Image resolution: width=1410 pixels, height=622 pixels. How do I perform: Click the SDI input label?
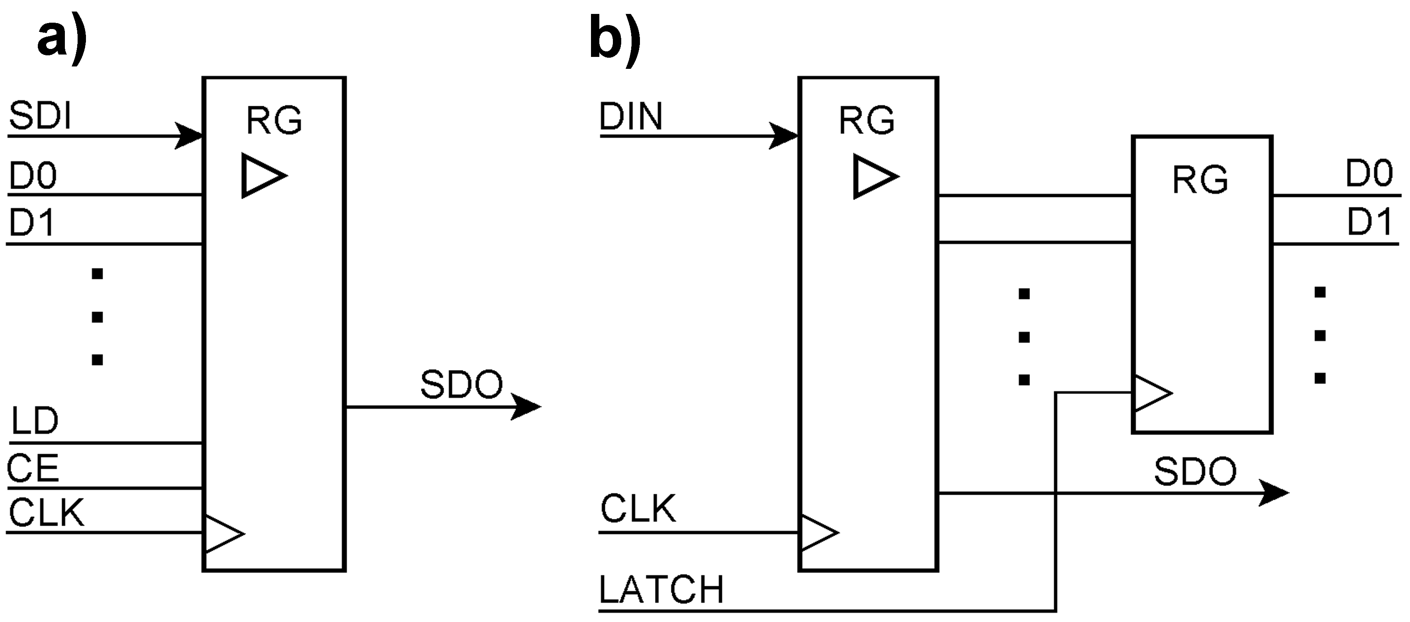[40, 117]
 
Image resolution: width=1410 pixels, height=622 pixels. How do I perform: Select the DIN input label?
[631, 117]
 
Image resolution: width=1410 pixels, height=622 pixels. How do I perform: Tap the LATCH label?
[661, 590]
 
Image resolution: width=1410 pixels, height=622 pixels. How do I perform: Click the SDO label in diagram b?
[1195, 472]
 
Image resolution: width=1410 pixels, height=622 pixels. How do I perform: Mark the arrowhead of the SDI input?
[189, 136]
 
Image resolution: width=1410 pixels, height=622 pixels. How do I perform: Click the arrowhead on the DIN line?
[784, 136]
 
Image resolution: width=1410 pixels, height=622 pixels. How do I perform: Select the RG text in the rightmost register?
[1200, 180]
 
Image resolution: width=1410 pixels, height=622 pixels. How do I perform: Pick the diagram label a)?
[61, 39]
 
